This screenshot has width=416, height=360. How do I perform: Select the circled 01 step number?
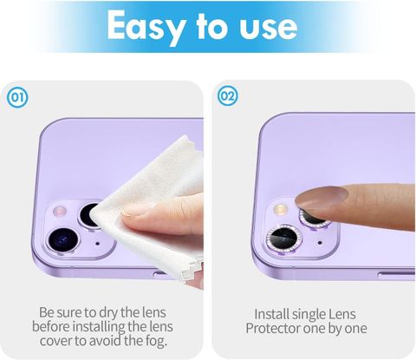18,97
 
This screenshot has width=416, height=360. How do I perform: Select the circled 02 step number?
228,95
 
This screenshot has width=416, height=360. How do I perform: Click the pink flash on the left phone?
61,212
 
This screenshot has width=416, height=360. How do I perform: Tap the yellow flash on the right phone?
280,209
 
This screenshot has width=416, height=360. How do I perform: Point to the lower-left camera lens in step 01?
62,240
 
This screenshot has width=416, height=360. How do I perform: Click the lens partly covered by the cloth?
89,215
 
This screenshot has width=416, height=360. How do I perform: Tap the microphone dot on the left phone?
97,244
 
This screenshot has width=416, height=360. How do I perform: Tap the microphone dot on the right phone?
320,243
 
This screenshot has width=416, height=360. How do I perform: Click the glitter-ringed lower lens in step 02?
283,239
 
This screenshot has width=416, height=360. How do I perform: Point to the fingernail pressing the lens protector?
321,198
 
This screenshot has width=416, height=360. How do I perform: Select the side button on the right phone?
396,275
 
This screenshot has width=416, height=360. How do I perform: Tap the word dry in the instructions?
108,312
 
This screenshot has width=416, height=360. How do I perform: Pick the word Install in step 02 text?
271,314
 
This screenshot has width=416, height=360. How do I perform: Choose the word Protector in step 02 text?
272,328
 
